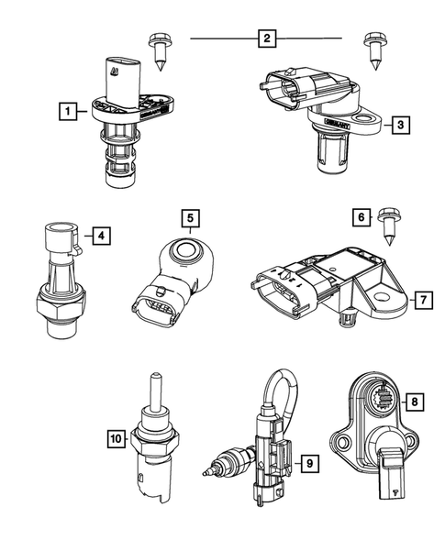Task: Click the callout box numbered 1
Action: [x=66, y=113]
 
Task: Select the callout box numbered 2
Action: [x=266, y=39]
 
